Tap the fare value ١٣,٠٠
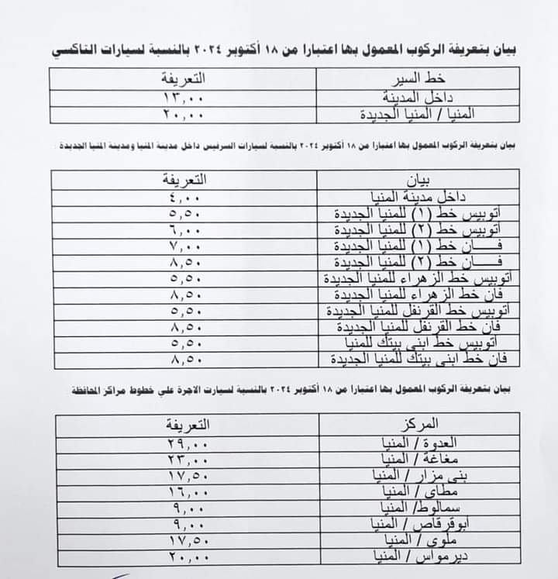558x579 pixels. coord(183,98)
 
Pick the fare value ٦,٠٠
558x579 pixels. coord(183,230)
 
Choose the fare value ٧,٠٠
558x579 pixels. coord(183,246)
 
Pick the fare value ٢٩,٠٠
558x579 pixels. coord(187,443)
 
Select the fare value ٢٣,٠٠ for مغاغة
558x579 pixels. coord(187,459)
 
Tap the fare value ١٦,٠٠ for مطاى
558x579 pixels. coord(187,491)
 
